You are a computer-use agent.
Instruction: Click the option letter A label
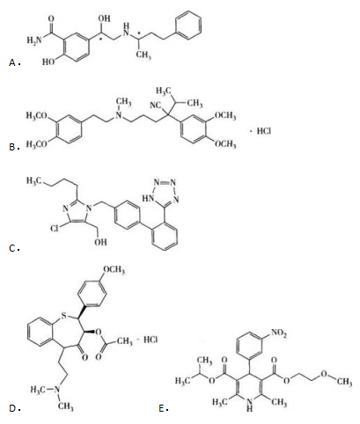point(12,62)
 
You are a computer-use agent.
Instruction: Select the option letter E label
point(162,408)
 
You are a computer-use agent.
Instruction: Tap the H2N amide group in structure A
point(34,40)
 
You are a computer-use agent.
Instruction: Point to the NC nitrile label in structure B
point(155,105)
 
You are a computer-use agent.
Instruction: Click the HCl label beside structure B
point(264,131)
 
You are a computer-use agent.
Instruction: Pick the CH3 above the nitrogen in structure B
point(123,102)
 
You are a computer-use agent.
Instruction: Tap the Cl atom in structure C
point(54,228)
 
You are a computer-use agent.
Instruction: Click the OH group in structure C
point(100,242)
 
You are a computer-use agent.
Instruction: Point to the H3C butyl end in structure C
point(33,180)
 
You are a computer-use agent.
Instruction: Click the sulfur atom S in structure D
point(63,316)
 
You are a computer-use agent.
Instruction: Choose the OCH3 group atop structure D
point(114,270)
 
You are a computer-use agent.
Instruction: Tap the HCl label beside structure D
point(151,340)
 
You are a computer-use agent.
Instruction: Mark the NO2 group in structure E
point(279,333)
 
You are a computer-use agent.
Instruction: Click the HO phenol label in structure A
point(48,62)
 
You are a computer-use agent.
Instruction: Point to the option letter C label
point(12,249)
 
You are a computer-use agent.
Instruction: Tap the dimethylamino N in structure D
point(57,390)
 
